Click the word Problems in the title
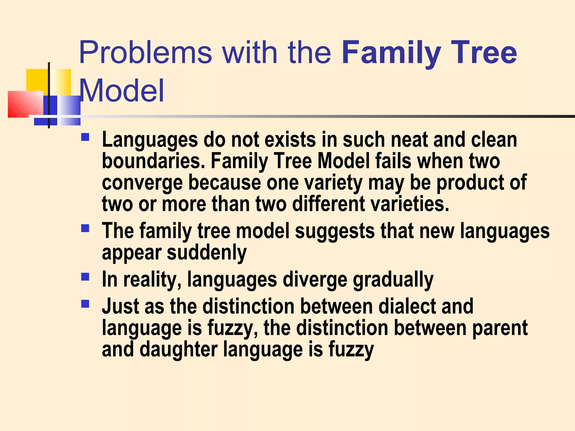coord(145,53)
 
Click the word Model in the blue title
coord(122,91)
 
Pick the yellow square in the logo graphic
coord(37,80)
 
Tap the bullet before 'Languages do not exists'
coord(85,137)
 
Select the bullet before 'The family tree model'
coord(85,228)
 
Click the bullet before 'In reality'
coord(85,277)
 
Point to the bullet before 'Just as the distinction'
coord(85,304)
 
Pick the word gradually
coord(393,280)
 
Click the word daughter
coord(179,350)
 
